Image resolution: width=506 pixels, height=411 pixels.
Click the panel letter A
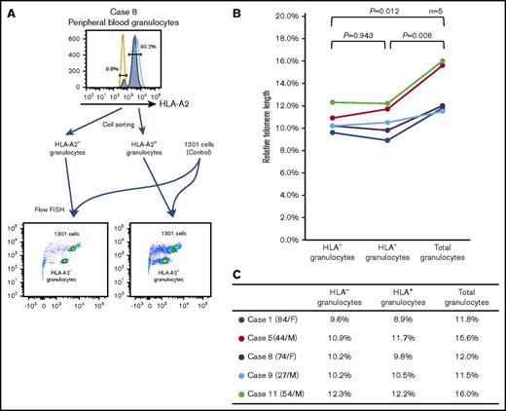point(10,13)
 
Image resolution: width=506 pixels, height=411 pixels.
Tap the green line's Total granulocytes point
point(443,61)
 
